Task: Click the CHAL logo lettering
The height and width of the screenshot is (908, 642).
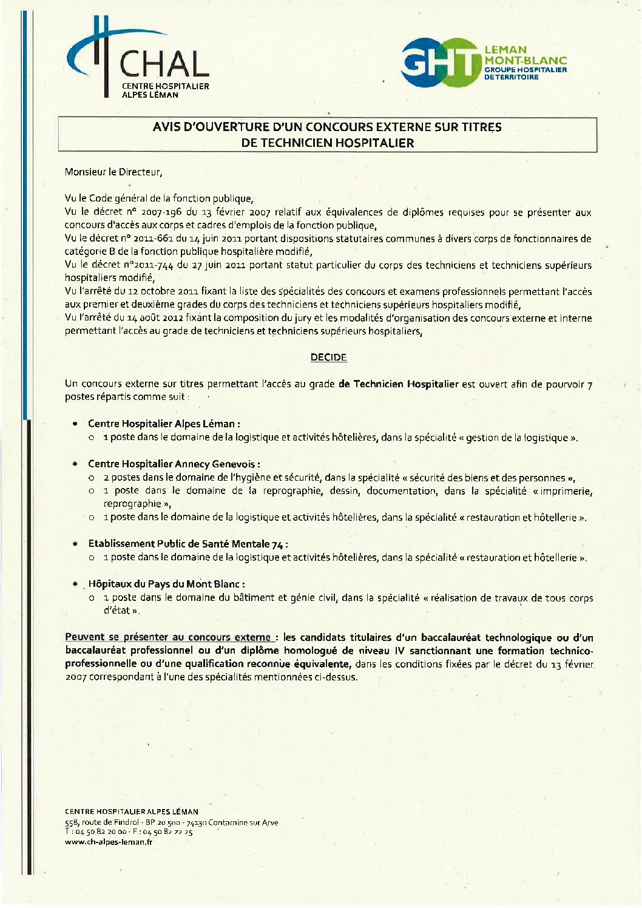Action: (164, 64)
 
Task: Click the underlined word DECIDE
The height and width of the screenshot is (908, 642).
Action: (328, 357)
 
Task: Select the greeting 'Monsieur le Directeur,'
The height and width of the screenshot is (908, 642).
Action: (113, 172)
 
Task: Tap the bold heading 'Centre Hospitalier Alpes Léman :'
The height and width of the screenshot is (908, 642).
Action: (164, 424)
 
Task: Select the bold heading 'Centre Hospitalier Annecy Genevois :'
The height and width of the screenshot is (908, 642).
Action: (174, 464)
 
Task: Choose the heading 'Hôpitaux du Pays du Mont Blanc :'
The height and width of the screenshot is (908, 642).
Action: (166, 584)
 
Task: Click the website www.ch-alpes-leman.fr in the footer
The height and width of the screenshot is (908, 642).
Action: (109, 842)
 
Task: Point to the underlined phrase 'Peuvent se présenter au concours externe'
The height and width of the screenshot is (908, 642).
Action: (168, 637)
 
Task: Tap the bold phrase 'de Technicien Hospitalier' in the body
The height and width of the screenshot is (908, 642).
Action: (399, 384)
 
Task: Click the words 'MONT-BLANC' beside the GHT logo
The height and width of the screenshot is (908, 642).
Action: (525, 60)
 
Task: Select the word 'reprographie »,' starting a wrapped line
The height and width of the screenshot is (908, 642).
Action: (138, 504)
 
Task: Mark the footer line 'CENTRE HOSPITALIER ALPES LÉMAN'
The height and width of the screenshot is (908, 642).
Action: (132, 811)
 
